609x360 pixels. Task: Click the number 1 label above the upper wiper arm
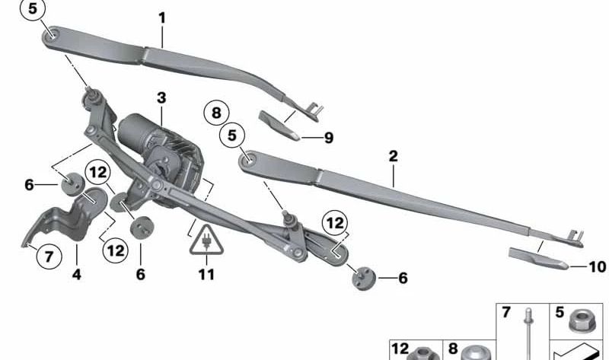(x=162, y=18)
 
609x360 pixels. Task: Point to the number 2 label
(x=393, y=157)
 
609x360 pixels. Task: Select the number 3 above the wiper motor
(x=161, y=98)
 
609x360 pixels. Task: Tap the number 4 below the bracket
(x=77, y=275)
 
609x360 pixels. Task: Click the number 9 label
(x=329, y=138)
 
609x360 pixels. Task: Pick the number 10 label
(x=598, y=267)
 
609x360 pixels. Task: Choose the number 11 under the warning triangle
(x=206, y=275)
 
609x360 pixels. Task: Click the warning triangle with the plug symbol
(x=206, y=240)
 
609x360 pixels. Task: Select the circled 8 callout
(x=216, y=113)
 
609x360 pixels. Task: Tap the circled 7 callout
(x=49, y=256)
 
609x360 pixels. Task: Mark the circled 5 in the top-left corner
(x=33, y=8)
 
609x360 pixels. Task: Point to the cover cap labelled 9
(x=279, y=126)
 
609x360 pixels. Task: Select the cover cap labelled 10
(x=539, y=259)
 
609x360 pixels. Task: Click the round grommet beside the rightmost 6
(x=364, y=278)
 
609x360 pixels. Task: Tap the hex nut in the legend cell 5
(x=581, y=321)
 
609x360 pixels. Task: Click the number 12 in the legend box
(x=400, y=349)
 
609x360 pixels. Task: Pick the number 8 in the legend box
(x=453, y=349)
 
